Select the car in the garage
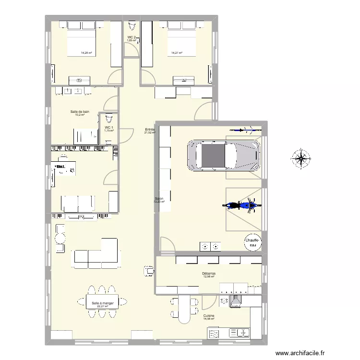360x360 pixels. click(x=224, y=155)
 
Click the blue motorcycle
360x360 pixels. click(x=242, y=205)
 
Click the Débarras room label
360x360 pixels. click(x=209, y=273)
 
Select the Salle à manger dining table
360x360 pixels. click(x=103, y=303)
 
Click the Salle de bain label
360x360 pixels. click(x=80, y=111)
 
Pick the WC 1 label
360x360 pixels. click(x=109, y=127)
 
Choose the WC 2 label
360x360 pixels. click(x=132, y=37)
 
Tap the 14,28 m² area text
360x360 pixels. click(x=86, y=53)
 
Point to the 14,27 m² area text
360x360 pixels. click(x=177, y=53)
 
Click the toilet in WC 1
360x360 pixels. click(x=109, y=118)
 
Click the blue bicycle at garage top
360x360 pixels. click(x=241, y=129)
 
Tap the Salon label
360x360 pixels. click(x=159, y=199)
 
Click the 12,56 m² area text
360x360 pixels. click(x=209, y=276)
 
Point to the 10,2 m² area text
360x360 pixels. click(x=80, y=114)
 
